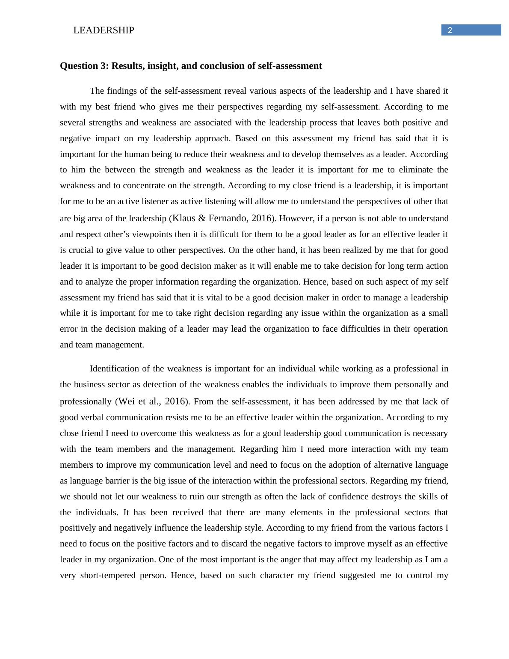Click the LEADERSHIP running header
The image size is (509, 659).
(104, 30)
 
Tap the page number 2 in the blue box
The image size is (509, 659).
(450, 30)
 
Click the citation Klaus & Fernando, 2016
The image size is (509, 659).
(222, 218)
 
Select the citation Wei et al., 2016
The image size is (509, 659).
(152, 401)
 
